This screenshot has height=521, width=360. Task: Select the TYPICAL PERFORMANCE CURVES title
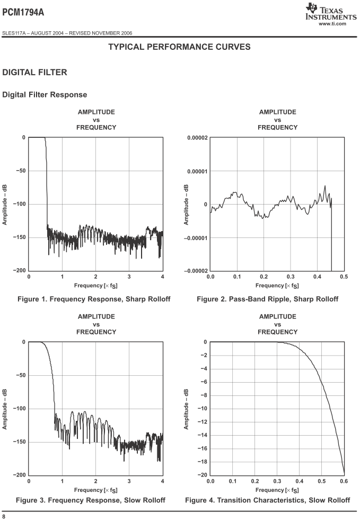point(179,47)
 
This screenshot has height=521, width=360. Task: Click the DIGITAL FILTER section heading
point(35,72)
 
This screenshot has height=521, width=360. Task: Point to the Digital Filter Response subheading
point(45,95)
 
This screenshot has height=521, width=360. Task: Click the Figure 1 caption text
point(94,299)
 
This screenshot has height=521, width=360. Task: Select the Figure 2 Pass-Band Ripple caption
point(267,299)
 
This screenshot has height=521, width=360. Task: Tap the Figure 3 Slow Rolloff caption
point(91,500)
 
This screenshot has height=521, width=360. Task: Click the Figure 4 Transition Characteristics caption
point(267,500)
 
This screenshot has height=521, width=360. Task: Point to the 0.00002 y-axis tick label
point(197,138)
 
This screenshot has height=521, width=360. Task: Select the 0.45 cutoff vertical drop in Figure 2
point(331,239)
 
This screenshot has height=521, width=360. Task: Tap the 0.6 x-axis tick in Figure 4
point(344,481)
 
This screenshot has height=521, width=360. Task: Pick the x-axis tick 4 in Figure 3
point(163,481)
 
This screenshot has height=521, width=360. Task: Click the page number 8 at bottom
point(4,516)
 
